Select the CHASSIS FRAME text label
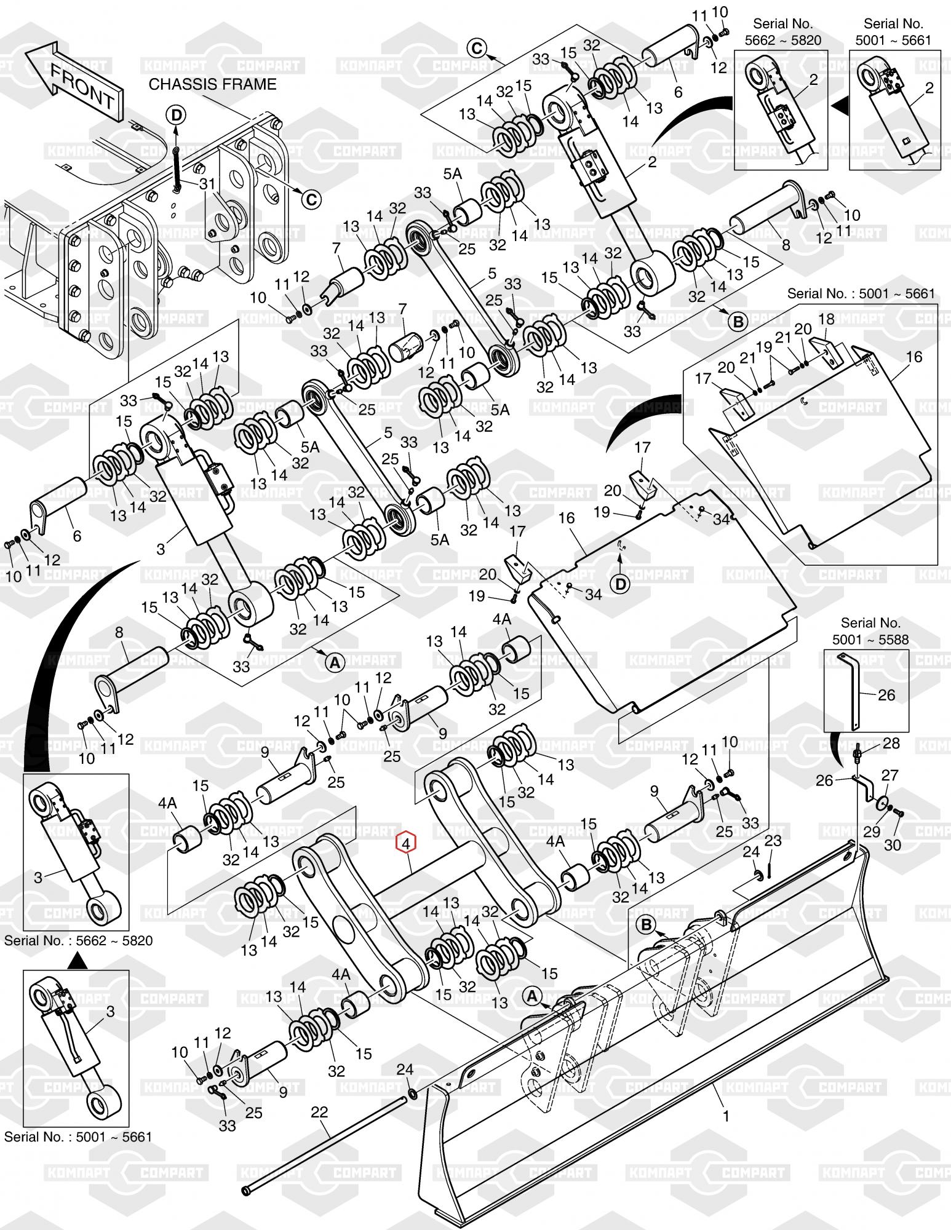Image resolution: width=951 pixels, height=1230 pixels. (x=212, y=84)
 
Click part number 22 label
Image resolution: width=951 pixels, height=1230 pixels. (x=319, y=1112)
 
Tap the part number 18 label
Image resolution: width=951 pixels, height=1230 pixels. (x=826, y=319)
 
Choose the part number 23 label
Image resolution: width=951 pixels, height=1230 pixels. (x=773, y=841)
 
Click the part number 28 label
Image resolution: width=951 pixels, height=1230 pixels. (x=891, y=743)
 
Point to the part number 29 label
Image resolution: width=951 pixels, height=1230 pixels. (x=871, y=831)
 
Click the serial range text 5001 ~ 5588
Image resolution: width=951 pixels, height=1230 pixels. (x=870, y=640)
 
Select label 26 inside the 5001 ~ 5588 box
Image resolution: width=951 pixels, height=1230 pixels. (x=886, y=694)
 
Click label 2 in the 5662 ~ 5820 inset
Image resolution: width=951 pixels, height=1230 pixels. (x=814, y=79)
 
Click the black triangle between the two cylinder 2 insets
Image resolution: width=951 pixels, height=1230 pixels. (x=839, y=106)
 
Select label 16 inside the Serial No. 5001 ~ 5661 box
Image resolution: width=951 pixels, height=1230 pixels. (x=914, y=357)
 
